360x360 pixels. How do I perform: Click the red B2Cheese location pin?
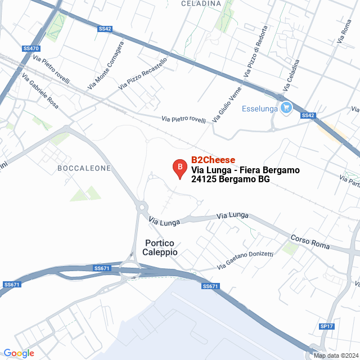click(x=179, y=169)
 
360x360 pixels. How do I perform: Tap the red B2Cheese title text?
click(x=213, y=160)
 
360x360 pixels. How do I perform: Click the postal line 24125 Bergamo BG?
click(x=231, y=179)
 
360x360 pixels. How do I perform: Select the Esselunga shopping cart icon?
click(x=286, y=107)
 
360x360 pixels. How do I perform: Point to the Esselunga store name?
click(x=260, y=109)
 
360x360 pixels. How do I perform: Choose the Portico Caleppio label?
click(x=161, y=247)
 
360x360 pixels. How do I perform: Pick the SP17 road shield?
click(x=327, y=326)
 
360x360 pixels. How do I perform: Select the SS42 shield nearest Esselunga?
click(x=307, y=115)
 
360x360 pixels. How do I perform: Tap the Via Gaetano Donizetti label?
click(x=246, y=260)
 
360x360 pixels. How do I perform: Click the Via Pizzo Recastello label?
click(x=143, y=74)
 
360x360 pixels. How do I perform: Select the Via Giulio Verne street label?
click(x=227, y=105)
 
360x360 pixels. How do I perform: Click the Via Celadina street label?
click(x=292, y=75)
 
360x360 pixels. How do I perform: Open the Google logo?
click(x=19, y=353)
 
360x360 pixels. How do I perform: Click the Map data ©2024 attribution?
click(x=335, y=355)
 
